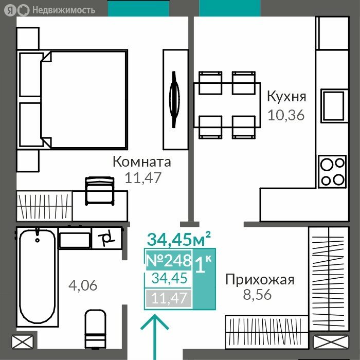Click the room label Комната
click(142, 162)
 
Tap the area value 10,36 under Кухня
click(286, 114)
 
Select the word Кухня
click(286, 97)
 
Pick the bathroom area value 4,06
click(83, 285)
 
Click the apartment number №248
click(169, 261)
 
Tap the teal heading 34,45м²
click(178, 239)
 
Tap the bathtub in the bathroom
click(37, 275)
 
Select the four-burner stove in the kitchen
click(332, 171)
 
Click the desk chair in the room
click(99, 190)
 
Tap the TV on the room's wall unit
click(175, 99)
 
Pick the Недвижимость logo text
click(63, 10)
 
